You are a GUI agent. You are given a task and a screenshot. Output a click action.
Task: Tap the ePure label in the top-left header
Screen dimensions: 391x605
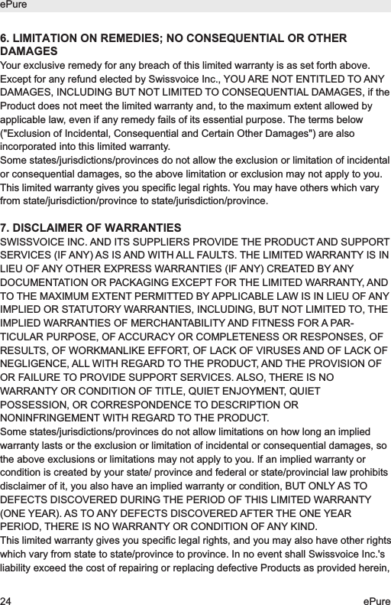coord(14,5)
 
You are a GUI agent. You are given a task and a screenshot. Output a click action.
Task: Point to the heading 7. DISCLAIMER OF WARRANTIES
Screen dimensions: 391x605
coord(91,229)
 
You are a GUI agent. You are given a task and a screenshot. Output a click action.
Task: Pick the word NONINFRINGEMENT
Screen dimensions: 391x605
coord(57,418)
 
